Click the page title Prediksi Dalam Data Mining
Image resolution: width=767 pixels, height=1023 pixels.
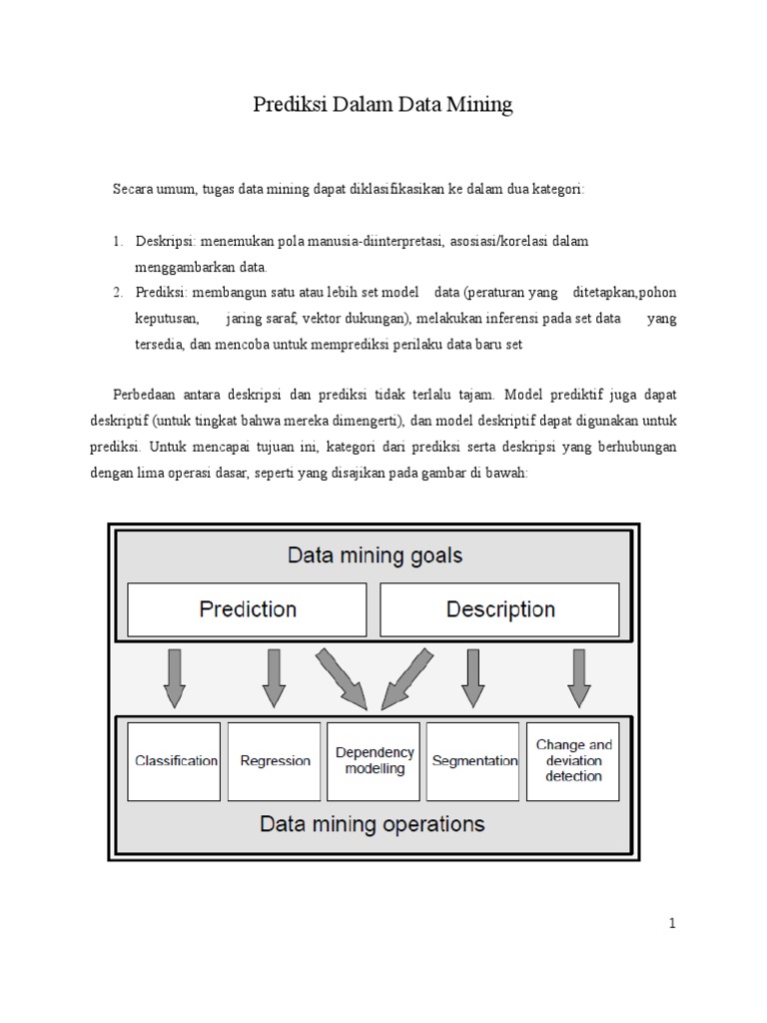383,105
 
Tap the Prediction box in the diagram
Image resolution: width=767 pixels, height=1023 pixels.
248,609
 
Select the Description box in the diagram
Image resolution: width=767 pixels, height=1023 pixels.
500,609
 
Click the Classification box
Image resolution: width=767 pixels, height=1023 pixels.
176,761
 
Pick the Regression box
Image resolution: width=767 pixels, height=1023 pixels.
276,761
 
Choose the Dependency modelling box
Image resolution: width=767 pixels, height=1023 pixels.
375,761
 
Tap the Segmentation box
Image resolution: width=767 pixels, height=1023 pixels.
474,761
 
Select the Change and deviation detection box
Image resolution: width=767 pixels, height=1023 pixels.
574,761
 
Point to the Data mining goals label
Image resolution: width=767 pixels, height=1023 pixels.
375,555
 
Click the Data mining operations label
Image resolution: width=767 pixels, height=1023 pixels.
373,825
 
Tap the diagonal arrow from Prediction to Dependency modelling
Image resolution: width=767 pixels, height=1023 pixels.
341,677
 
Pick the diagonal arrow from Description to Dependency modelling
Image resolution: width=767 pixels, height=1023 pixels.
408,677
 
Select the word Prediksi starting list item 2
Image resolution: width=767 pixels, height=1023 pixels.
160,293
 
